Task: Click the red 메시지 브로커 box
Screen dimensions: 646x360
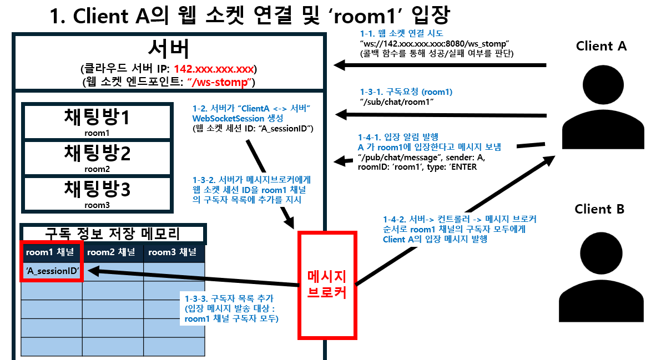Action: point(326,285)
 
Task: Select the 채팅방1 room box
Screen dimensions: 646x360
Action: point(95,121)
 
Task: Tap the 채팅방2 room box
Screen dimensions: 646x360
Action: point(95,158)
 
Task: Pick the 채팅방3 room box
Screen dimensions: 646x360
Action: point(95,194)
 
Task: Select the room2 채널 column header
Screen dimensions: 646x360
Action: point(113,252)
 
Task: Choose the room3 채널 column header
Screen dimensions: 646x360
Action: point(174,252)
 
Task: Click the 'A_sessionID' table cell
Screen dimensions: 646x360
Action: point(52,271)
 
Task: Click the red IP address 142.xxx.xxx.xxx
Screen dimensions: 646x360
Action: point(214,69)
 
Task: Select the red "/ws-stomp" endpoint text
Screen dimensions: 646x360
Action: point(221,82)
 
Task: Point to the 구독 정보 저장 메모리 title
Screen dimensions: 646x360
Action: point(113,234)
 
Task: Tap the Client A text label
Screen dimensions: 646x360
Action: point(600,46)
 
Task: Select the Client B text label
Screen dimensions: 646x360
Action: point(599,209)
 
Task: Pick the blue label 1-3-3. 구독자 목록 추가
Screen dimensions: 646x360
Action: point(223,298)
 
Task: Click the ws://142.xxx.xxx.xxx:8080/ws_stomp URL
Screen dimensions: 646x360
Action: point(435,43)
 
